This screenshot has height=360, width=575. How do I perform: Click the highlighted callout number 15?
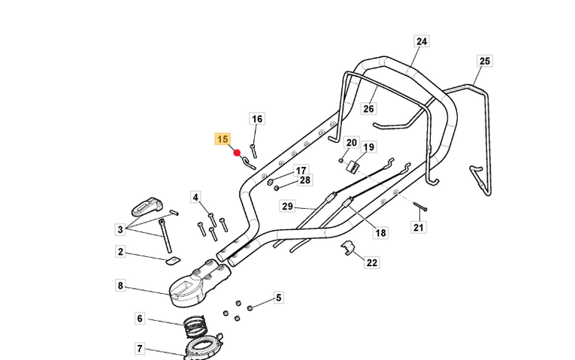(x=223, y=139)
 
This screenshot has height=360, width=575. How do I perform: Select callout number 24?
(x=421, y=41)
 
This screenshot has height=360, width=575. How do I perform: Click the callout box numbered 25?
(x=484, y=61)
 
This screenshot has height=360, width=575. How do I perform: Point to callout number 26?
(x=368, y=109)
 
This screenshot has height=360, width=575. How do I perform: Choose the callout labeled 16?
(x=257, y=119)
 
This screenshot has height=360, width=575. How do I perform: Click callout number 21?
(x=419, y=227)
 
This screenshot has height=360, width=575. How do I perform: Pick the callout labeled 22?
(x=372, y=262)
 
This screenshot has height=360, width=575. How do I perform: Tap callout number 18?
(x=381, y=233)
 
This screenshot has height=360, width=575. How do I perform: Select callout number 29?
(x=287, y=206)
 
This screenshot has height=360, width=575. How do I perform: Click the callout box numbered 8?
(x=120, y=286)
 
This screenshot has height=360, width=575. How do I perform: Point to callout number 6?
(x=140, y=319)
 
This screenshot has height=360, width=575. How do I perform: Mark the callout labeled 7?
(x=140, y=349)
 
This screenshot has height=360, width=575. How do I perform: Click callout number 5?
(x=278, y=298)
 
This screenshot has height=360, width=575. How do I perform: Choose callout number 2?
(x=120, y=252)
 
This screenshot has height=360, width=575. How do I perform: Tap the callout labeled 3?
(x=120, y=228)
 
